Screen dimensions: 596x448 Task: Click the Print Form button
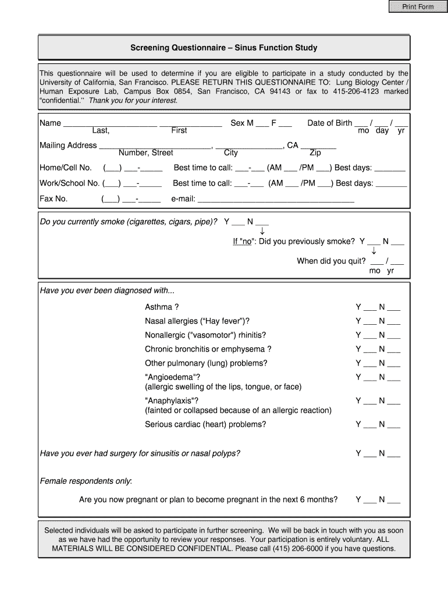click(418, 7)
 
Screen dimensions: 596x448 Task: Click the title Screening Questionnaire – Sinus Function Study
click(224, 48)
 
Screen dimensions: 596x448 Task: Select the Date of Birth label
click(329, 123)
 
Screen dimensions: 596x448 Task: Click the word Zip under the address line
click(315, 153)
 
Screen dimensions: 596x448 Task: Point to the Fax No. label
click(54, 198)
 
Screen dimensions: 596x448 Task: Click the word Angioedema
click(172, 377)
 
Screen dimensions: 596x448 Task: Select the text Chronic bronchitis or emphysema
click(208, 349)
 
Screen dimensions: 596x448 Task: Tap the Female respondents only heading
click(86, 481)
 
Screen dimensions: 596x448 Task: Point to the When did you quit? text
click(331, 261)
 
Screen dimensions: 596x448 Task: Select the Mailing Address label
click(68, 145)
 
